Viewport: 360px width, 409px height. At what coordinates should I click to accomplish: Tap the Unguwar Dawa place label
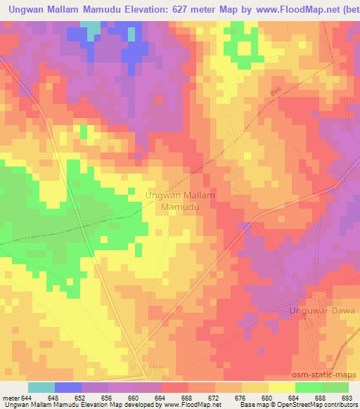(x=323, y=310)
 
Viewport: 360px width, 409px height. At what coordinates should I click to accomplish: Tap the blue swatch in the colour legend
(x=67, y=388)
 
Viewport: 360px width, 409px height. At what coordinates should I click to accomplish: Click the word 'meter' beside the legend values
(x=11, y=398)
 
